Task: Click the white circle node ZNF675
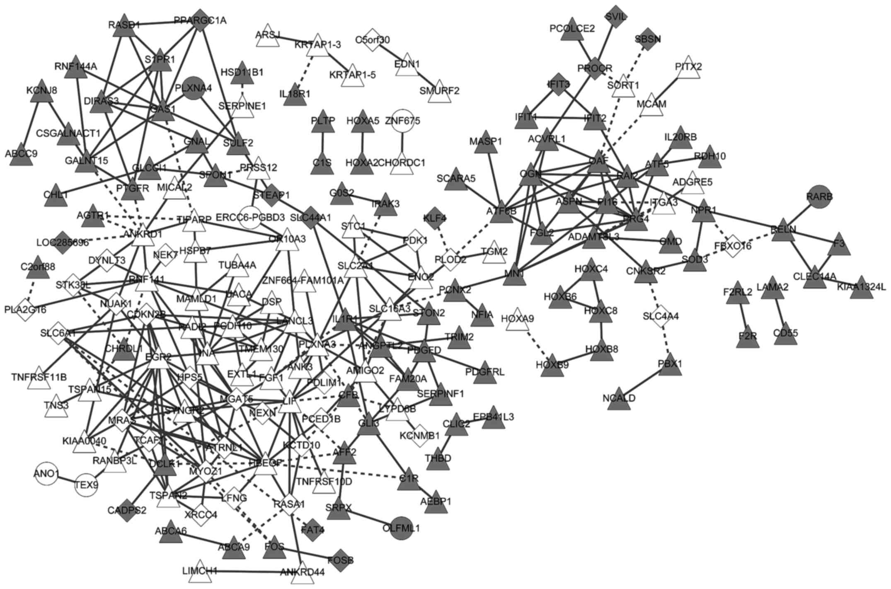(x=402, y=121)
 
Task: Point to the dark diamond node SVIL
(x=616, y=17)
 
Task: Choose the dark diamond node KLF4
(x=435, y=218)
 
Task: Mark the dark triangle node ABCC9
(x=22, y=155)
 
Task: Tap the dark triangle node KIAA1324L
(x=861, y=288)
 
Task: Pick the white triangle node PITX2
(x=688, y=68)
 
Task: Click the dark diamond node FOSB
(x=341, y=560)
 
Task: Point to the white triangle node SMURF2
(x=439, y=92)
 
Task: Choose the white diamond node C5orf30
(x=373, y=40)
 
